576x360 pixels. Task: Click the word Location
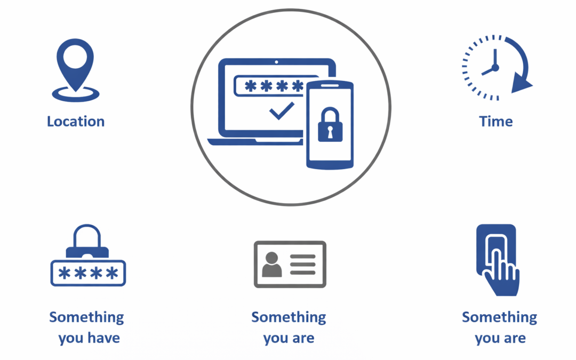click(76, 122)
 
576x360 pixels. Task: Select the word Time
click(495, 122)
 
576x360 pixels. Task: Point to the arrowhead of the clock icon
click(521, 85)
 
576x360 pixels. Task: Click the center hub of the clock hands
click(495, 68)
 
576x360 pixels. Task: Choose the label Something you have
click(87, 327)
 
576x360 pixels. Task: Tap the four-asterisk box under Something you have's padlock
click(88, 273)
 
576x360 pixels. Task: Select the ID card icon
click(290, 264)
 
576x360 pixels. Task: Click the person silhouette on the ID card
click(272, 263)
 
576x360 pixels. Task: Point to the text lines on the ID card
click(302, 264)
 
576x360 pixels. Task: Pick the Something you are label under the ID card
click(289, 327)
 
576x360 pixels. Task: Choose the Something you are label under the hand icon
click(499, 327)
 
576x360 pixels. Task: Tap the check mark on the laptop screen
click(281, 110)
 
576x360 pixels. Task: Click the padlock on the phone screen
click(329, 126)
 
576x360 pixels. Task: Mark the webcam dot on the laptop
click(276, 62)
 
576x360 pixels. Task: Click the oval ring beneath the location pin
click(75, 95)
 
